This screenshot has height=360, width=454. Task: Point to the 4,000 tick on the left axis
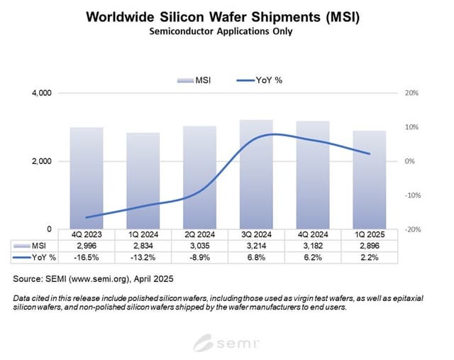pos(40,93)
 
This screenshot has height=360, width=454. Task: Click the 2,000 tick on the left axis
pos(40,161)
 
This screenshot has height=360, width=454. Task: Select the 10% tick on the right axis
pos(411,127)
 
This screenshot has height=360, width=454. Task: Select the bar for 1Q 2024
pos(143,181)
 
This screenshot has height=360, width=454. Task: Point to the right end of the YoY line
pos(370,153)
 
